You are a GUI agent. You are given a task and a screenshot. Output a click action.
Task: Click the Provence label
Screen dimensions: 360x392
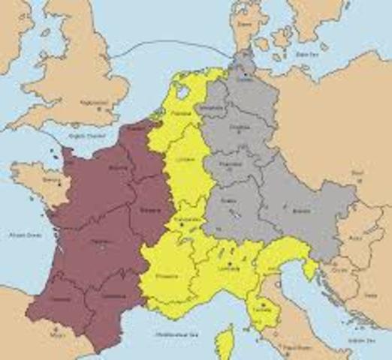pos(167,275)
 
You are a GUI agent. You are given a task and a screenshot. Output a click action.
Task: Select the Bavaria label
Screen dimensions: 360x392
pos(302,212)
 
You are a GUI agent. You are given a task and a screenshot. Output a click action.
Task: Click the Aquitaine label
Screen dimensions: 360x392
pos(97,241)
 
